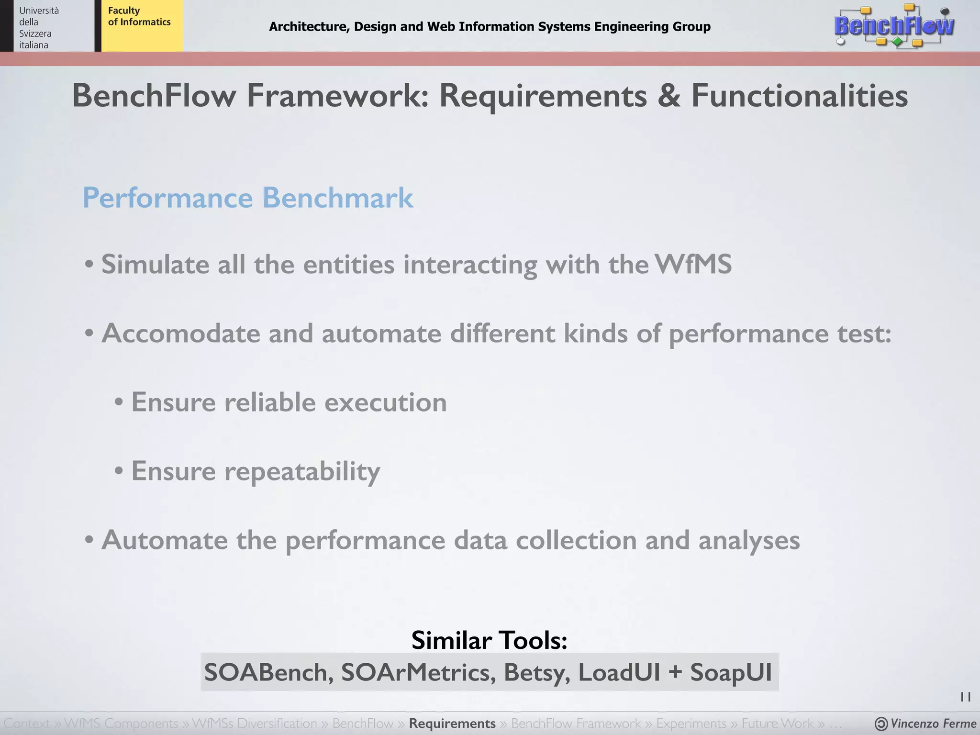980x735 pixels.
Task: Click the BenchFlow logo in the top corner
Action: [x=894, y=26]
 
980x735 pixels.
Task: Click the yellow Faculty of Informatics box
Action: [x=141, y=25]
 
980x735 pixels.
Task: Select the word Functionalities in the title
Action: [x=799, y=96]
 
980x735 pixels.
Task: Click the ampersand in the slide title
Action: [x=669, y=96]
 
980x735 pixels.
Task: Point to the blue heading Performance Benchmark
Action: [x=247, y=198]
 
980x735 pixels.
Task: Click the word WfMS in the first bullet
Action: [x=693, y=264]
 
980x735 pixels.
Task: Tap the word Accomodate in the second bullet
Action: [x=181, y=333]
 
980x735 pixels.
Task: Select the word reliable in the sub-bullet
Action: [x=270, y=402]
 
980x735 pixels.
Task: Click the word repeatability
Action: [x=302, y=472]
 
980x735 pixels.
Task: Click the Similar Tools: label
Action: [x=489, y=640]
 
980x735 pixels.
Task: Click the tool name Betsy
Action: [x=536, y=672]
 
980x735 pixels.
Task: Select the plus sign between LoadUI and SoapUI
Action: [x=675, y=672]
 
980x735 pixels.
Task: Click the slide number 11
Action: [x=965, y=697]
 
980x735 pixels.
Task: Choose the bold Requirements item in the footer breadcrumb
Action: [x=452, y=724]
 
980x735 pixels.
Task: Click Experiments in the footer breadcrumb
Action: [x=691, y=724]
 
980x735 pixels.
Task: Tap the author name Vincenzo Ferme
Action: [x=933, y=724]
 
